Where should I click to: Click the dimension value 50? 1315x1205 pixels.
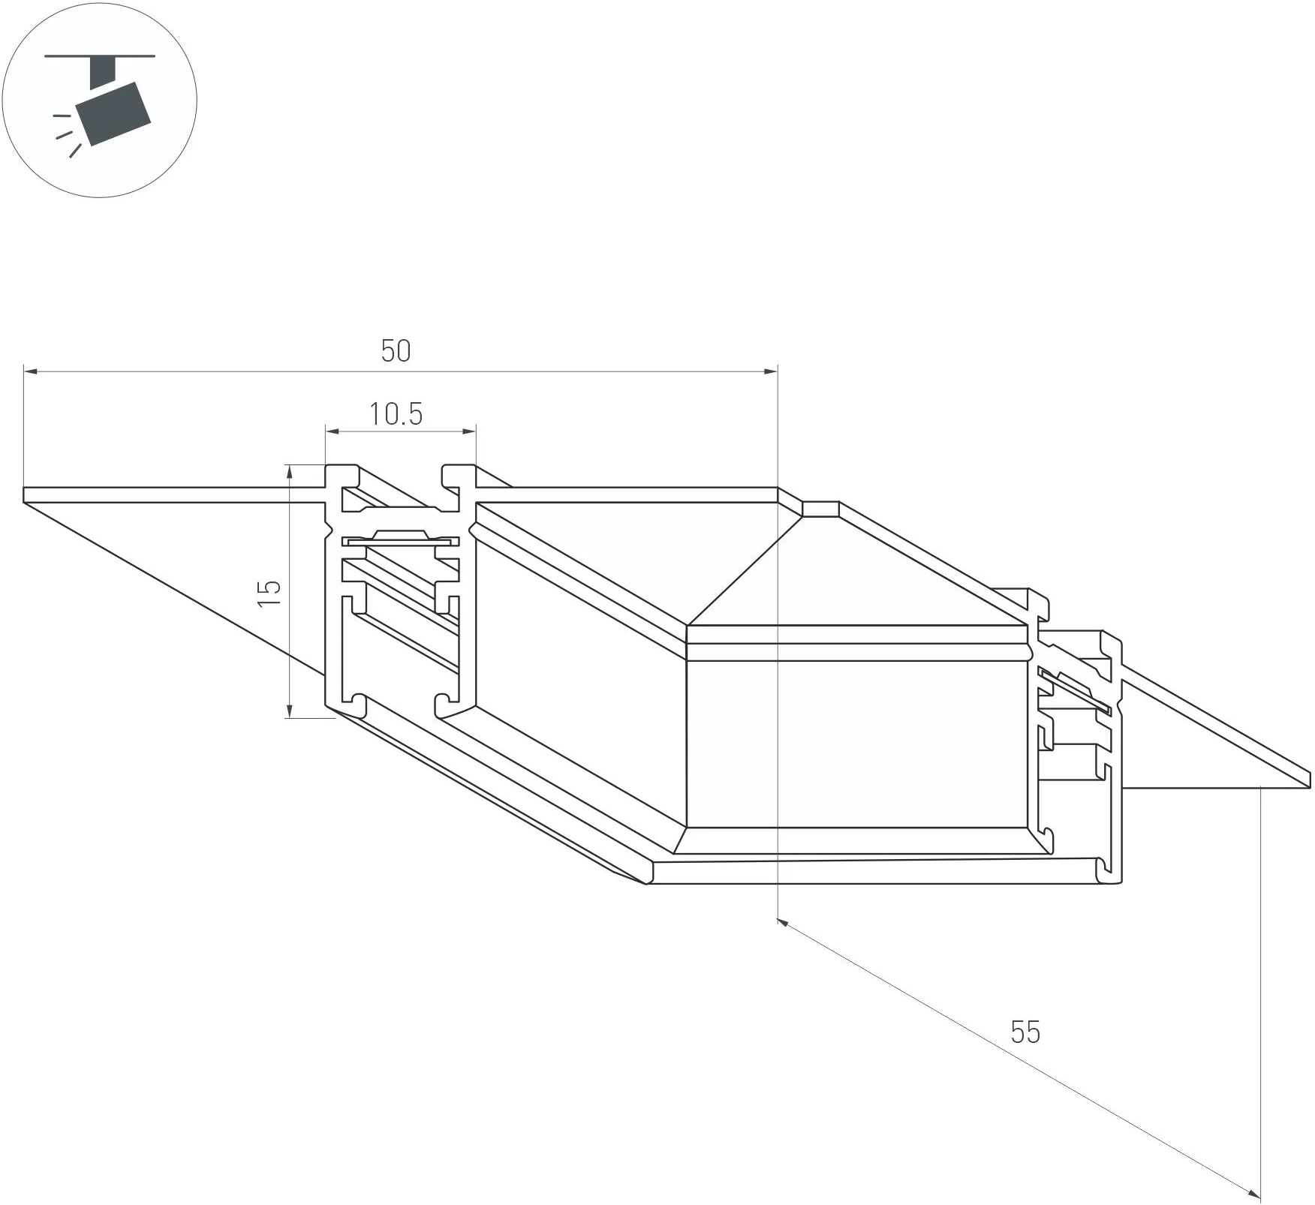[396, 351]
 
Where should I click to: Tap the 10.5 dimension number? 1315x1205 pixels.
[396, 414]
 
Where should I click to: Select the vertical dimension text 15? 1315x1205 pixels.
[269, 593]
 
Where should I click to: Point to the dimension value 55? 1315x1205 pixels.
[1025, 1032]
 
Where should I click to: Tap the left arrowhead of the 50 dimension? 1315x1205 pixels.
[30, 371]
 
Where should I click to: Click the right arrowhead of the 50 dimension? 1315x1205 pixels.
[771, 371]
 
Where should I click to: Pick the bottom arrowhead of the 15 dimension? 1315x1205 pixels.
[289, 711]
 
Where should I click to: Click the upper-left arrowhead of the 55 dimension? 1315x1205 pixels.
[782, 922]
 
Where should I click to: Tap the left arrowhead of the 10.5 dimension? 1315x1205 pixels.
[332, 431]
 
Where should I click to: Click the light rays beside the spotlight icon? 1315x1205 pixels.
[67, 135]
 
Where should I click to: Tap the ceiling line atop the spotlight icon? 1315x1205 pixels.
[100, 56]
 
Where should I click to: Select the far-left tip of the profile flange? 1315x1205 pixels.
[26, 495]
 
